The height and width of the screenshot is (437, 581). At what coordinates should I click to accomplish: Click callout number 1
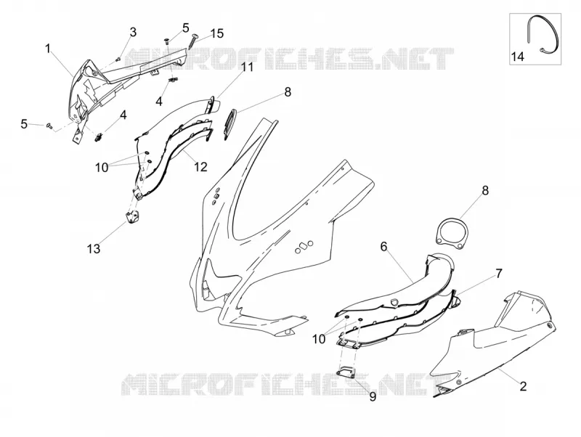click(x=47, y=49)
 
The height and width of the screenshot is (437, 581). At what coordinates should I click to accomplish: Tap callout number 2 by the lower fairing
click(x=523, y=386)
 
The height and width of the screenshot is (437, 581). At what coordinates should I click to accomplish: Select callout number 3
click(x=133, y=32)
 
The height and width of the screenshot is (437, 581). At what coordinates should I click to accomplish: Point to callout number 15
click(x=217, y=33)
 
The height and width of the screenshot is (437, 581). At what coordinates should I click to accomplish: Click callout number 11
click(x=247, y=68)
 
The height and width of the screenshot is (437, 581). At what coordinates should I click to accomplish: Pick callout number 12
click(x=200, y=167)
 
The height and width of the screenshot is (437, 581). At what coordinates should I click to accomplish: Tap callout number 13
click(x=94, y=248)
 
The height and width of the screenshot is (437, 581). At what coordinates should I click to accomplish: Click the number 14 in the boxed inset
click(x=518, y=57)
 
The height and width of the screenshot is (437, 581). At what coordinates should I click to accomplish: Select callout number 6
click(x=383, y=246)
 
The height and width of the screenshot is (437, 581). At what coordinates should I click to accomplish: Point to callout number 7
click(x=499, y=274)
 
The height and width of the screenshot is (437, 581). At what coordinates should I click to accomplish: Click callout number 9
click(x=373, y=396)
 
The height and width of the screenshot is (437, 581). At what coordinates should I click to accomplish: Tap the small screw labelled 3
click(x=118, y=59)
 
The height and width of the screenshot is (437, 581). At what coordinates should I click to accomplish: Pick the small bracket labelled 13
click(x=133, y=216)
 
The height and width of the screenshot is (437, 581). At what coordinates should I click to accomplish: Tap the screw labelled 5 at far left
click(x=49, y=126)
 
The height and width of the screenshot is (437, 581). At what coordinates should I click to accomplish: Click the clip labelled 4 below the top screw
click(x=173, y=80)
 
